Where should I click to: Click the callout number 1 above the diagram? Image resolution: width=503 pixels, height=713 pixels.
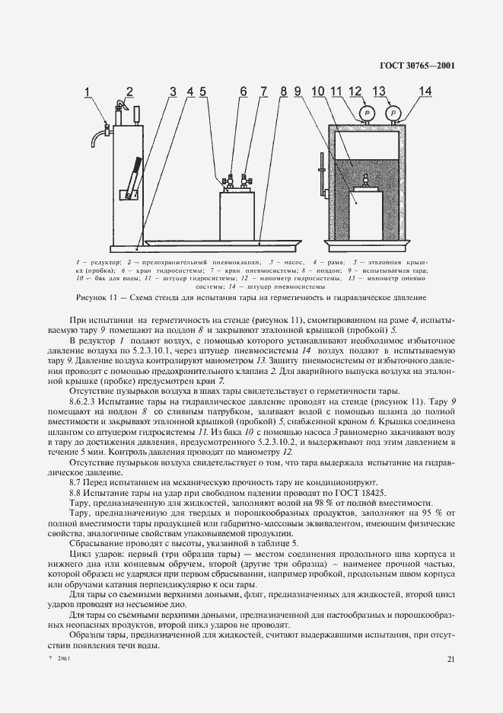[x=88, y=93]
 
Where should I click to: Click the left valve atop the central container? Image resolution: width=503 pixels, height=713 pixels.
[x=226, y=182]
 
